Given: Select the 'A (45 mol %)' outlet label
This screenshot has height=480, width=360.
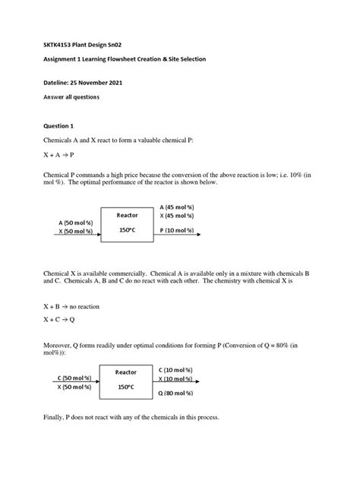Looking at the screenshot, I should (x=180, y=206).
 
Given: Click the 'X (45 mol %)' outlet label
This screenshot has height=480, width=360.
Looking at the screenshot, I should (x=180, y=216).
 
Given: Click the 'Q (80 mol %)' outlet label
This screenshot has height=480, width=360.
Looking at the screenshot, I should (x=179, y=393).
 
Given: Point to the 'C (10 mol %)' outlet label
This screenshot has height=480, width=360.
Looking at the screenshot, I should (x=179, y=368).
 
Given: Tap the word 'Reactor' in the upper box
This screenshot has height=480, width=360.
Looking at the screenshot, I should (x=127, y=216).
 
